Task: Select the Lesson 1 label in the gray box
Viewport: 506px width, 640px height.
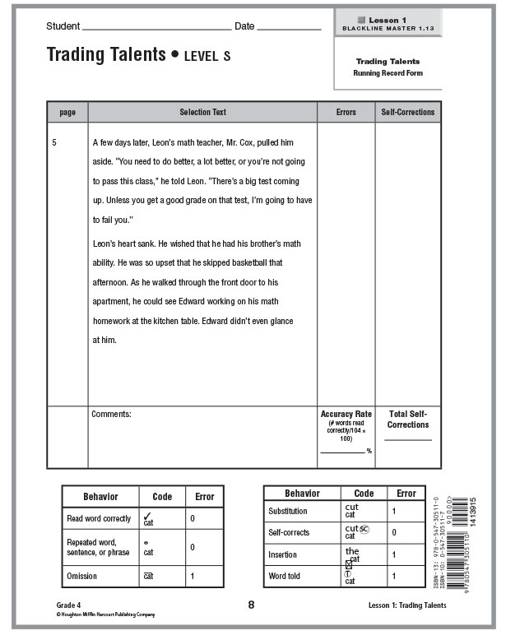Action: point(388,20)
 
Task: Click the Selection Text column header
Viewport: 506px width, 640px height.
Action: point(202,112)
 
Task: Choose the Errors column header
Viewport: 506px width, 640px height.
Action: point(346,112)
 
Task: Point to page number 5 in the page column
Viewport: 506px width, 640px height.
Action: point(54,142)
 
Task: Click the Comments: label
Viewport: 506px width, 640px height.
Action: point(112,415)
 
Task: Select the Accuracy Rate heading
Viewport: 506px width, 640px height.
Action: point(346,415)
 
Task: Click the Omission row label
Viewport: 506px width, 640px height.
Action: point(81,576)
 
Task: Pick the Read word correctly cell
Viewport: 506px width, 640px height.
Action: point(98,519)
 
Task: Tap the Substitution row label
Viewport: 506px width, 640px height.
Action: point(288,512)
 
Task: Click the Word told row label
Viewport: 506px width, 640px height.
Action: point(285,576)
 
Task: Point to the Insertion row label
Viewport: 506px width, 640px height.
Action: point(283,554)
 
